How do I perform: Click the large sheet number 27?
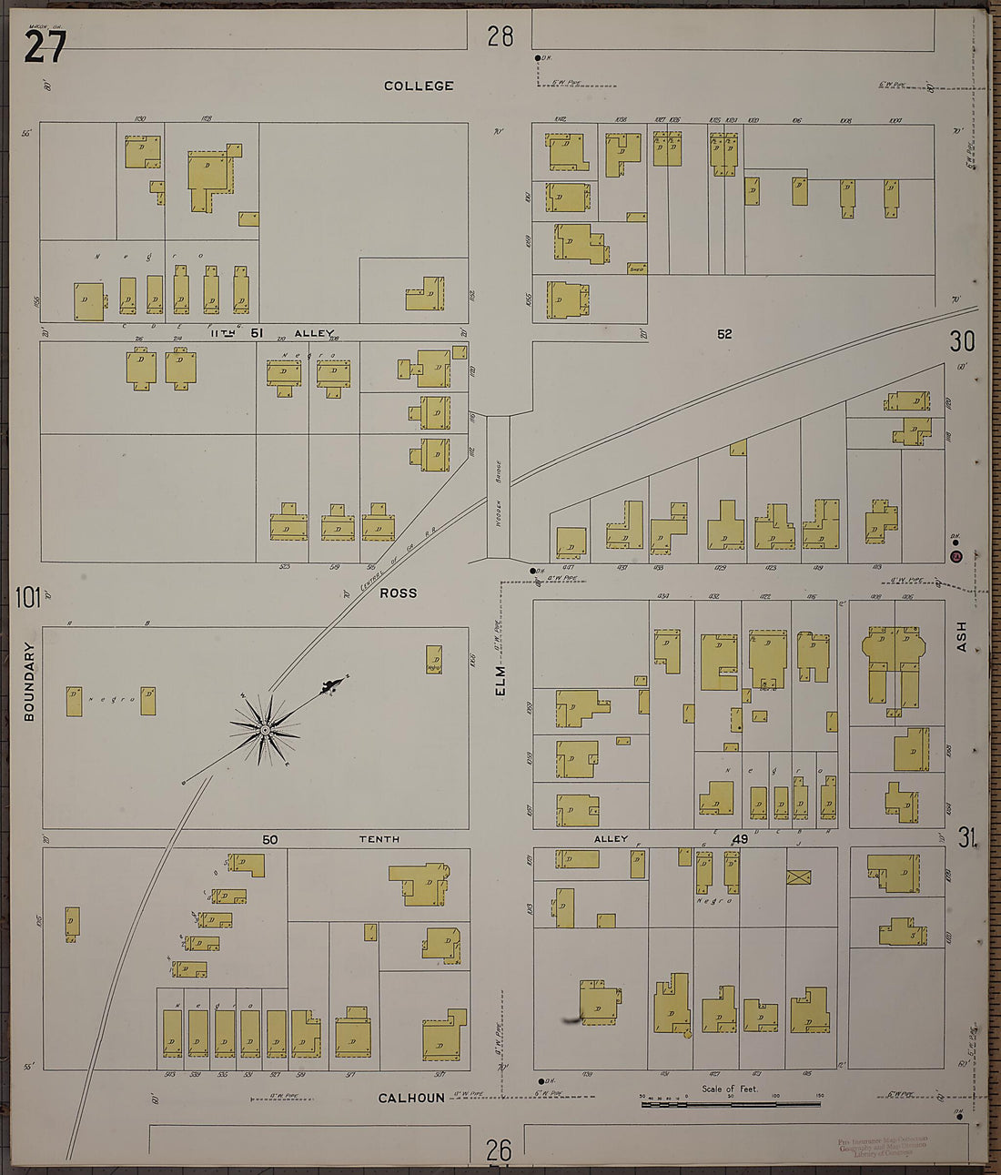pos(45,46)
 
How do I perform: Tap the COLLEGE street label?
pos(419,86)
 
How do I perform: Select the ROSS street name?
pos(398,593)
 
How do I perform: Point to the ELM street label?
pos(500,681)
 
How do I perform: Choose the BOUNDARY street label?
pos(29,682)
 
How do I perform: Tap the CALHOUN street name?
pos(411,1098)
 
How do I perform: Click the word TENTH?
pos(379,839)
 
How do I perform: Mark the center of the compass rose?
pos(265,730)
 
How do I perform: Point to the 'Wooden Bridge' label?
pos(499,489)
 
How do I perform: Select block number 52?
pos(723,334)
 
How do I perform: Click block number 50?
pos(270,839)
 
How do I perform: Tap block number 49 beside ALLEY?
pos(739,839)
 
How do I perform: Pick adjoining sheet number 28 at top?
pos(500,36)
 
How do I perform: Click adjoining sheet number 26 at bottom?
pos(499,1150)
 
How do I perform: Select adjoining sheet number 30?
pos(962,341)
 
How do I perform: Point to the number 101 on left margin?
pos(27,597)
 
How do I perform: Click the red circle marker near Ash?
pos(955,556)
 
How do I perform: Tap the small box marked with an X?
pos(798,877)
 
